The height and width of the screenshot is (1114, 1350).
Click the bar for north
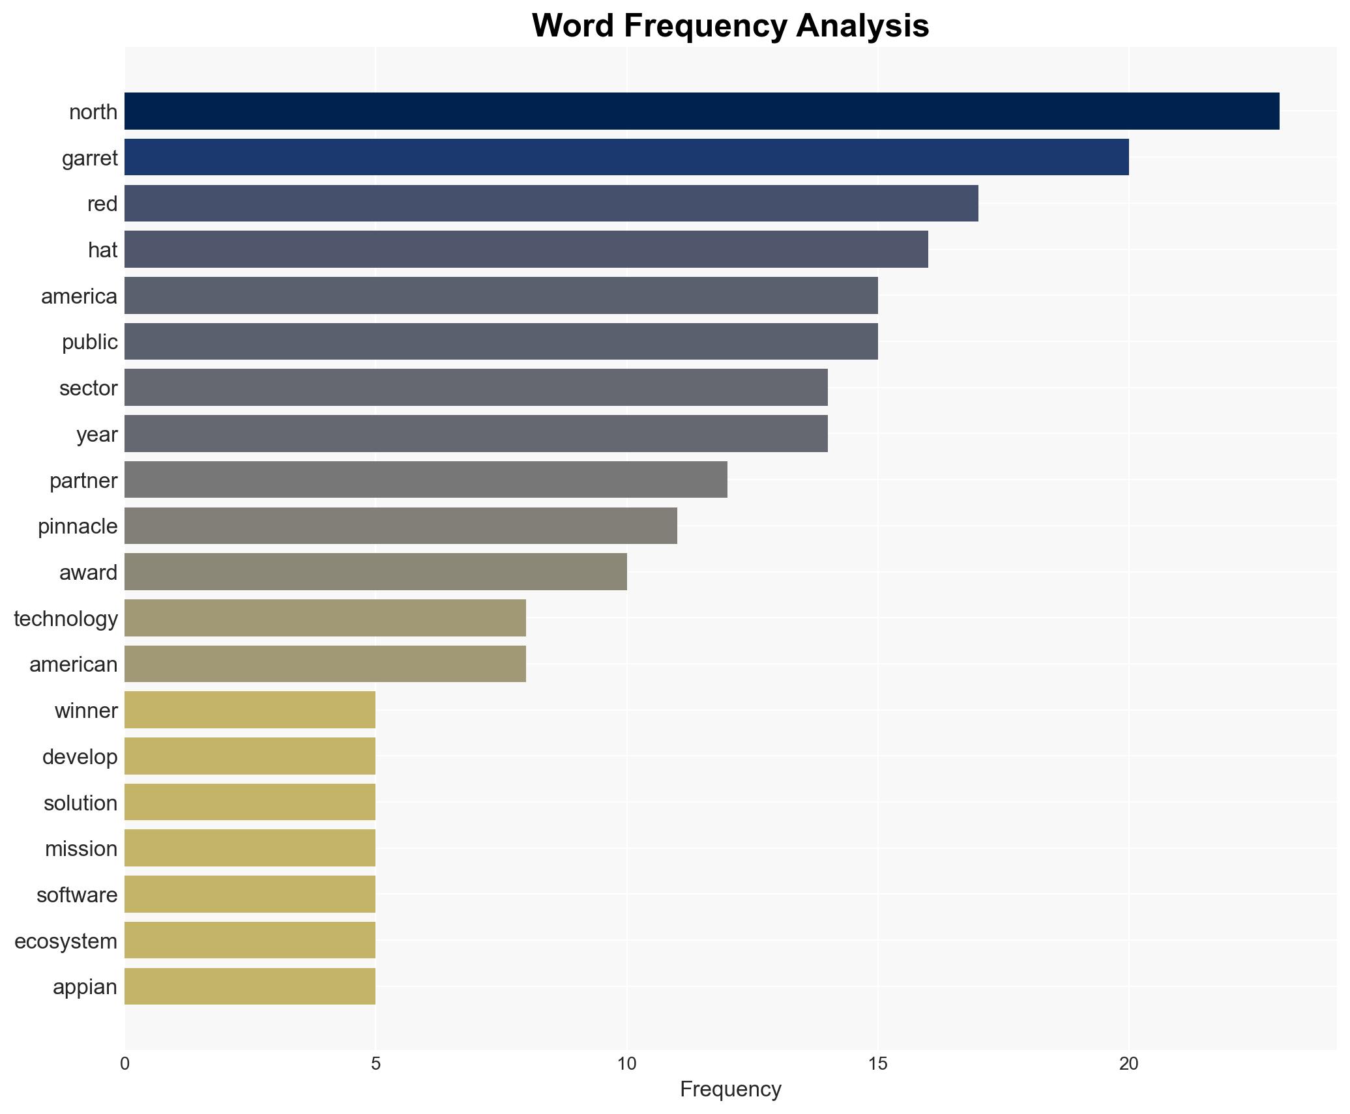coord(701,111)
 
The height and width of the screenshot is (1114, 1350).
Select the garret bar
coord(626,158)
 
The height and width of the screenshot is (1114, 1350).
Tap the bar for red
coord(551,204)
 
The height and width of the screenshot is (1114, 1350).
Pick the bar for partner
coord(426,480)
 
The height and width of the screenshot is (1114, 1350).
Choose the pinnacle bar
coord(400,526)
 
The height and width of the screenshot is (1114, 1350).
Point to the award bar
coord(375,572)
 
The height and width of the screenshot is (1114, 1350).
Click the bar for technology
coord(325,618)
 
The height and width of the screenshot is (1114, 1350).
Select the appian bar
coord(250,986)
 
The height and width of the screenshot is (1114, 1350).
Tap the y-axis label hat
coord(103,250)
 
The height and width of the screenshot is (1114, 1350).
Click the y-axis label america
coord(80,296)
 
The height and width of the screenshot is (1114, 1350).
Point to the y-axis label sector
coord(89,388)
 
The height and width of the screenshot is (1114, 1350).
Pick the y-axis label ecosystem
coord(66,941)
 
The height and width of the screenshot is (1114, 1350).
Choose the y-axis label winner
coord(86,711)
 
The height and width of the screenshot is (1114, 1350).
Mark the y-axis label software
coord(77,895)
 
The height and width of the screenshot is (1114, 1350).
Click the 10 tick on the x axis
coord(626,1064)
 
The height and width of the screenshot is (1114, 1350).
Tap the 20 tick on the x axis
coord(1128,1064)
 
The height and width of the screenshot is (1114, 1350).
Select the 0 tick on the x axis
coord(125,1064)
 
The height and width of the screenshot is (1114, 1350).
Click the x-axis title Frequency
coord(730,1089)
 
